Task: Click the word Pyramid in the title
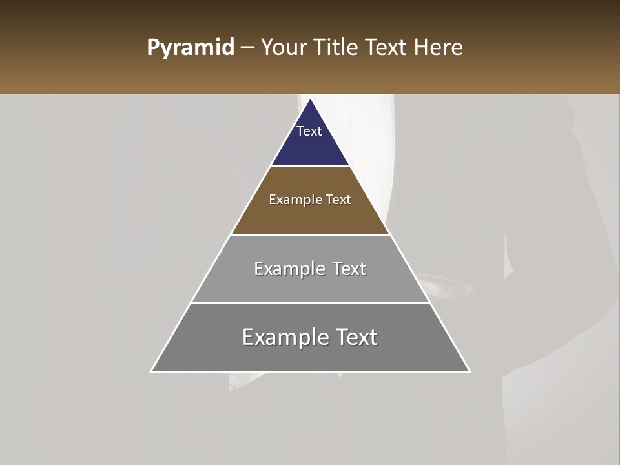(190, 48)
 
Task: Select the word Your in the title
(284, 48)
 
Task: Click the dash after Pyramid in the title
(247, 48)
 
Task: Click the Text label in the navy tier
(309, 131)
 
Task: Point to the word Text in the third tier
(349, 269)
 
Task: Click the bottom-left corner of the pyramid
(152, 371)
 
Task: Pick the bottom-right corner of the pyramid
(469, 371)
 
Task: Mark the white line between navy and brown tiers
(310, 166)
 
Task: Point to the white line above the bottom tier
(310, 303)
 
